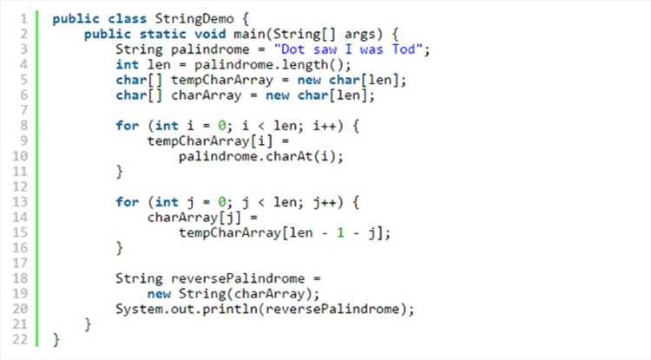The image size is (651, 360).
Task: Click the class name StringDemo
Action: pos(194,19)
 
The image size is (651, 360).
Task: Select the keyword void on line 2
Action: pos(210,35)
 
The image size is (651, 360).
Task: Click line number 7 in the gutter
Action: pos(23,110)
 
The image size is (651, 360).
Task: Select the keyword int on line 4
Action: pos(127,65)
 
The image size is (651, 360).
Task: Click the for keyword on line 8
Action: pos(127,126)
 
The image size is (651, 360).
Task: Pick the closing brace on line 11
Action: pos(120,172)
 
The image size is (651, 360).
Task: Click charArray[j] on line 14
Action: pos(194,218)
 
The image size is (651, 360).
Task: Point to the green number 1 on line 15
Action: pos(340,232)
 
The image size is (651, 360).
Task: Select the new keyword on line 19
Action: pos(159,294)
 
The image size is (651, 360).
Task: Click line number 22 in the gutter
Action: pos(20,340)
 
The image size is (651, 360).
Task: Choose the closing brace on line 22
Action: pos(56,340)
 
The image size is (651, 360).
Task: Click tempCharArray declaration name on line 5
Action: pos(222,81)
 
